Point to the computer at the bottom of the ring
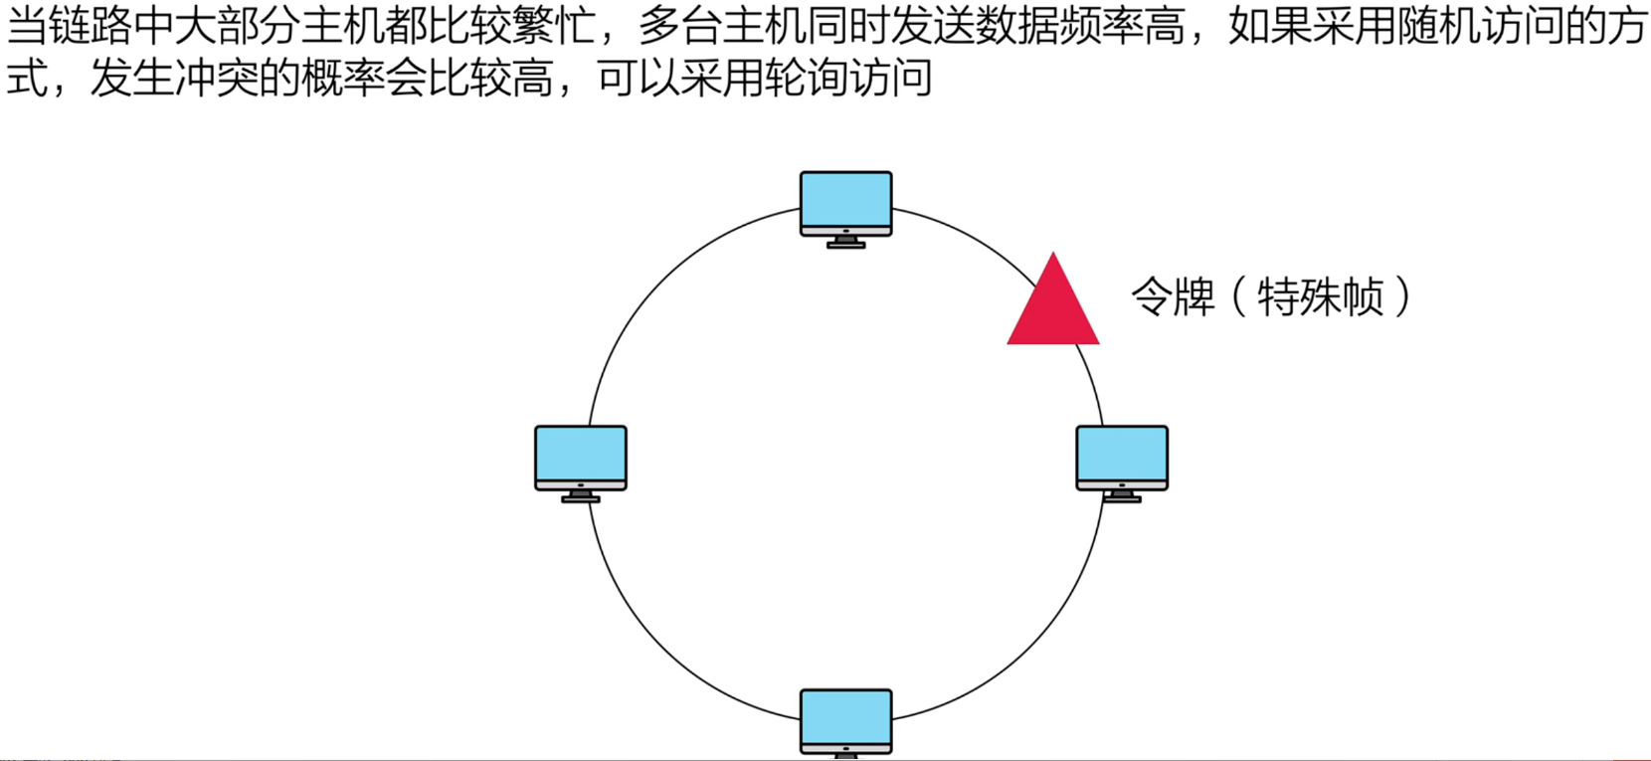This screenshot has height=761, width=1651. (846, 722)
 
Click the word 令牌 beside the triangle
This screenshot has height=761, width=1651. (1173, 296)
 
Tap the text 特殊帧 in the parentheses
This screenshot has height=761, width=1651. (1320, 296)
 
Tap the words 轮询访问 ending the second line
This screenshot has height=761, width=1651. (848, 78)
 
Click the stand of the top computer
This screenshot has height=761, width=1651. (846, 241)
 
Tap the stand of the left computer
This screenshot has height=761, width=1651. (581, 495)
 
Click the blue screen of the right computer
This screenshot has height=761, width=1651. (1122, 454)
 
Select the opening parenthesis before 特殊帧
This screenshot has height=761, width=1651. (1239, 296)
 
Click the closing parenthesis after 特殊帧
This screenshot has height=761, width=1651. (1402, 296)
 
